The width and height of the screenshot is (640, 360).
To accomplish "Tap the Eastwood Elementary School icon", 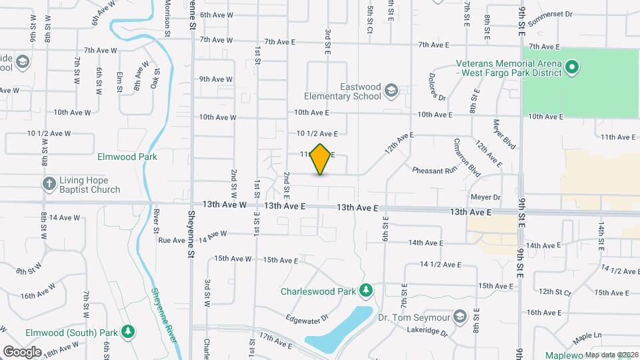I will tap(391, 90).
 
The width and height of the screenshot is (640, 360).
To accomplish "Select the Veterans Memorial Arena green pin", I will tap(571, 67).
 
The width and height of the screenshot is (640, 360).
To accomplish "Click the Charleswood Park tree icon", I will tap(365, 291).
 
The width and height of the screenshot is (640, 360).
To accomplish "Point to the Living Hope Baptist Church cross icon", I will tap(49, 185).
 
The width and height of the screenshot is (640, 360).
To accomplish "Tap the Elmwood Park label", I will tap(127, 157).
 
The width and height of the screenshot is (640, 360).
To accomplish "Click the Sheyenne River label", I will tap(164, 314).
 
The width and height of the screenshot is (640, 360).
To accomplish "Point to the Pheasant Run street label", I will tap(434, 171).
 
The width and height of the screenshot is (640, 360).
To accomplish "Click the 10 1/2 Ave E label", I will tap(317, 134).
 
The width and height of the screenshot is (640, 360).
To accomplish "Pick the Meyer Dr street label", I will tap(485, 197).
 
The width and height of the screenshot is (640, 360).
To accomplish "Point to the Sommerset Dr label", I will tap(550, 18).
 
